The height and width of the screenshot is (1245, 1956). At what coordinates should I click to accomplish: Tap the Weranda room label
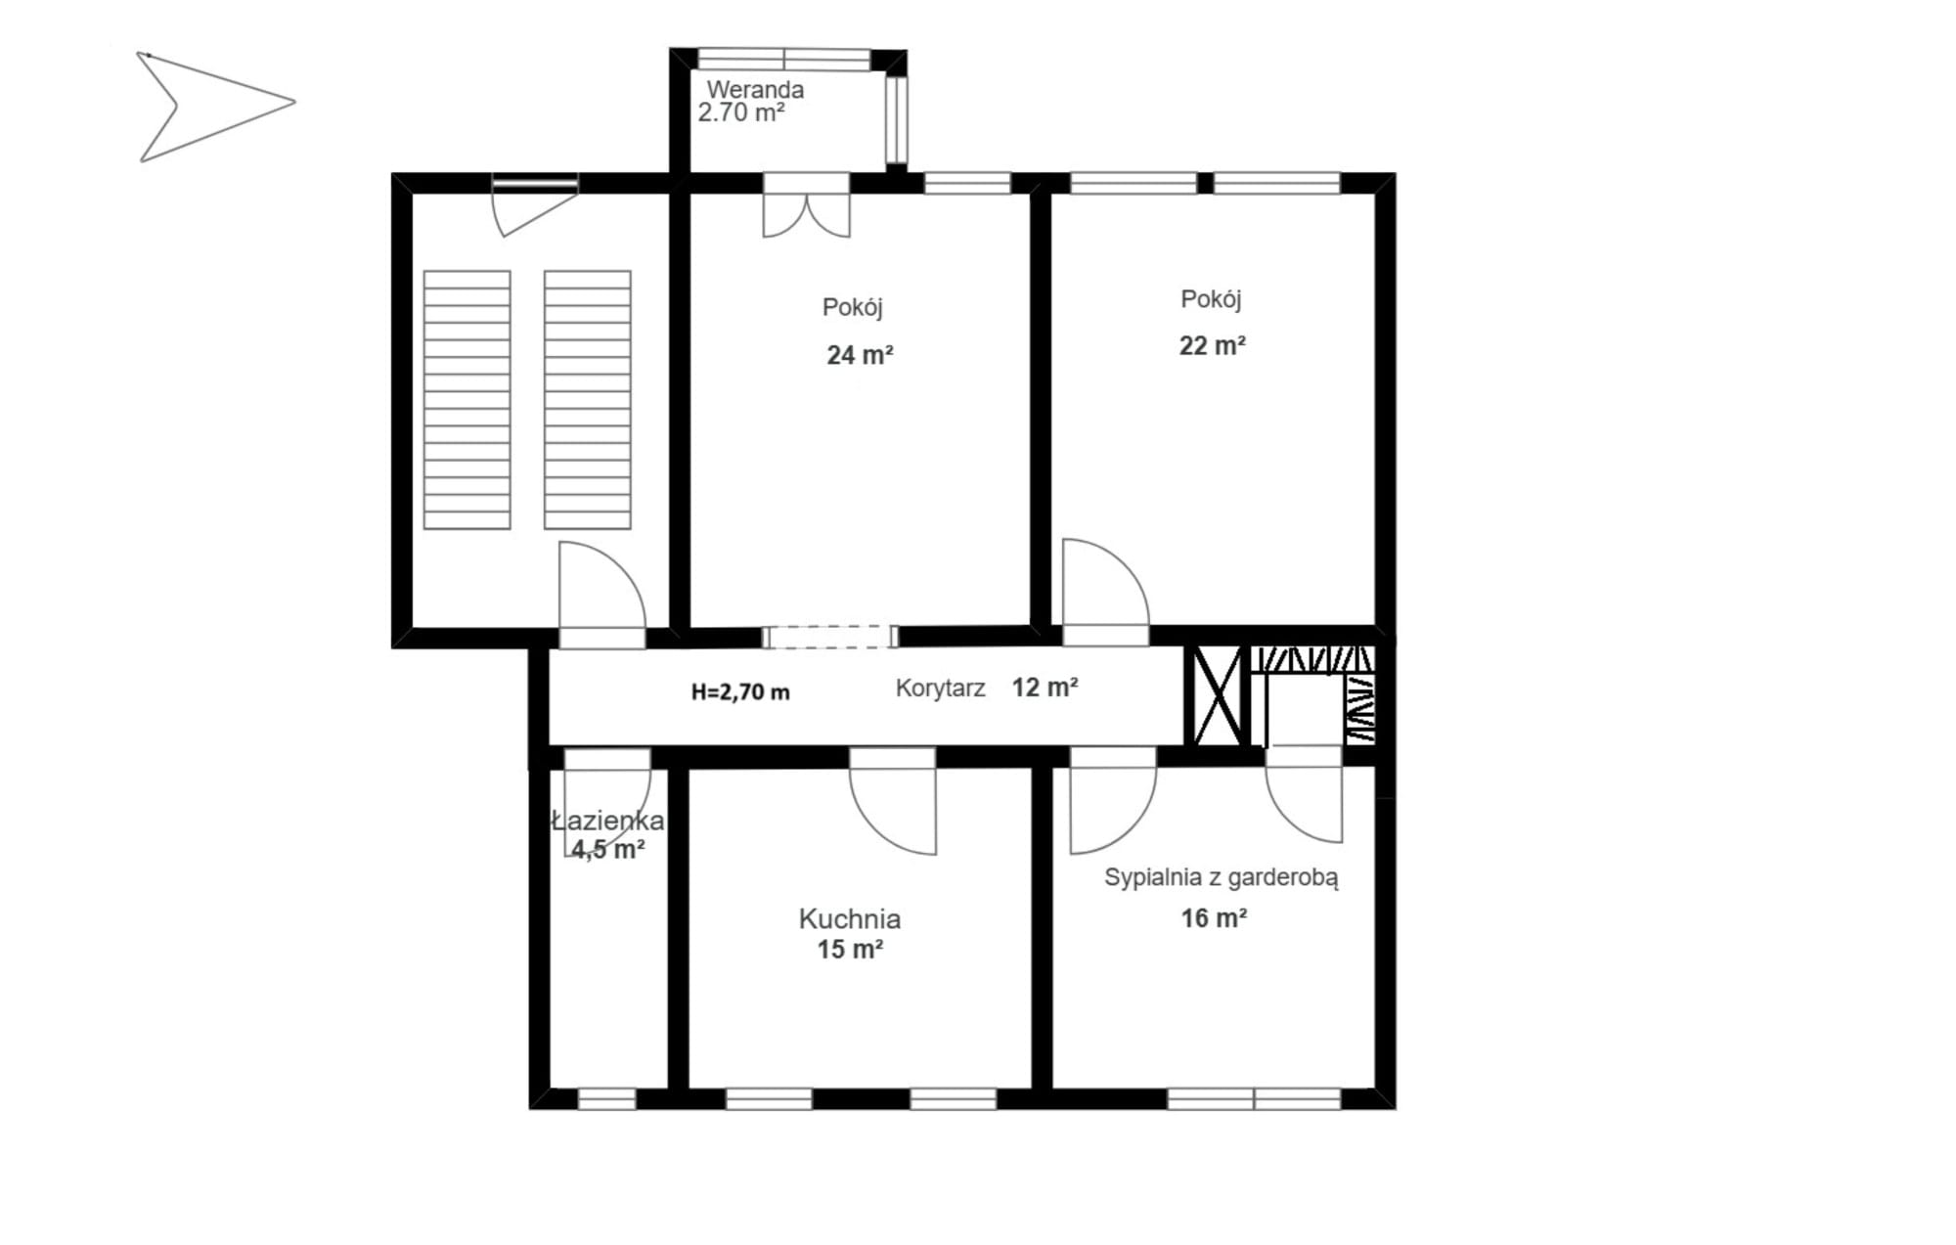coord(755,89)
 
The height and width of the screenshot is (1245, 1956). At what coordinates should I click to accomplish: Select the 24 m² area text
coord(860,354)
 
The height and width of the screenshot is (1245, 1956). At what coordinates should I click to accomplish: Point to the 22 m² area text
coord(1212,344)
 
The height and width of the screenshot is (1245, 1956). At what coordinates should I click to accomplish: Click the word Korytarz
coord(940,688)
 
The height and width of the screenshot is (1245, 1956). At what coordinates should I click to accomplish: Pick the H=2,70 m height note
coord(740,691)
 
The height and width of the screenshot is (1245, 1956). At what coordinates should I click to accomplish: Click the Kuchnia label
coord(849,918)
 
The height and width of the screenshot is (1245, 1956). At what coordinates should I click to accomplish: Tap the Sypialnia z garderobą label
coord(1221,877)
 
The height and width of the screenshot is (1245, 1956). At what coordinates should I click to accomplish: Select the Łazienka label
coord(607,821)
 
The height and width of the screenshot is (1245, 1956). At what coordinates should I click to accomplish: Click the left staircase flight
coord(467,400)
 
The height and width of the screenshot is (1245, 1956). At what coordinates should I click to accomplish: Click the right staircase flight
coord(587,400)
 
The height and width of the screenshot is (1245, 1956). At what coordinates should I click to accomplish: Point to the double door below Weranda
coord(806,204)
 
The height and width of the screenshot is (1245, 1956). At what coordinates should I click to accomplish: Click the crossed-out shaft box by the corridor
coord(1216,695)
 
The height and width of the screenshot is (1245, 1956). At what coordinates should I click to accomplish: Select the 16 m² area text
coord(1214,917)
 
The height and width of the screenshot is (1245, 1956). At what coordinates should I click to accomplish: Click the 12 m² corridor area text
coord(1045,687)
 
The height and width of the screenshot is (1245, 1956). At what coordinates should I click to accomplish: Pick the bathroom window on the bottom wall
coord(606,1099)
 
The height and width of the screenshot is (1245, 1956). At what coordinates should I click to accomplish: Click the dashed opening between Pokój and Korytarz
coord(830,637)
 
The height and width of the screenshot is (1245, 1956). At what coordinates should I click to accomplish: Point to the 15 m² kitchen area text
coord(850,949)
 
